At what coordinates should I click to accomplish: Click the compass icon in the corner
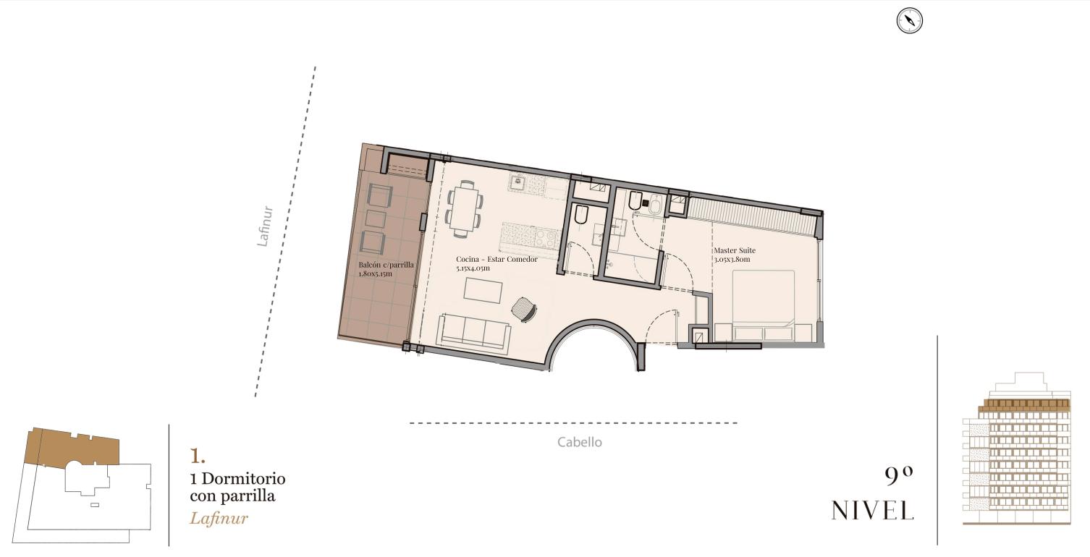(910, 21)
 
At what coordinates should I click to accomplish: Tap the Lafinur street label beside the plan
(265, 226)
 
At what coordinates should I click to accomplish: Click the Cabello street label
(580, 442)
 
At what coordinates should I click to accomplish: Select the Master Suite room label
(735, 250)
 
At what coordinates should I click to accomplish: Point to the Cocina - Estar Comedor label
(497, 259)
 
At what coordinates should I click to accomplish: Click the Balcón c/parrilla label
(386, 265)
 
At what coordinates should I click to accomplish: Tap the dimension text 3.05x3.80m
(732, 260)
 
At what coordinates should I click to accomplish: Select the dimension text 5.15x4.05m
(473, 268)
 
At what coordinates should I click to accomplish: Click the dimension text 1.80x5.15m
(375, 274)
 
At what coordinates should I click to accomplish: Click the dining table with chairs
(465, 208)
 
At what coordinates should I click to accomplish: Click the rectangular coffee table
(483, 290)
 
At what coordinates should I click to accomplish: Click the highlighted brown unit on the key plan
(73, 447)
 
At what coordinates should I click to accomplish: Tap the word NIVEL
(872, 511)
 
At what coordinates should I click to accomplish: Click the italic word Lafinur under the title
(219, 519)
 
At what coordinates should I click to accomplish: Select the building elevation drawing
(1017, 448)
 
